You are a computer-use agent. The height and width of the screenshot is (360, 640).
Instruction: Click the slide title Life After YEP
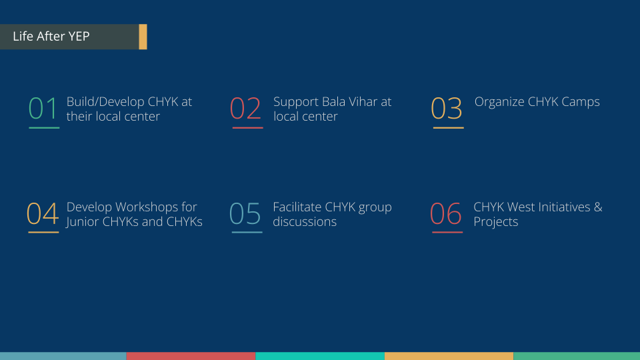tap(51, 36)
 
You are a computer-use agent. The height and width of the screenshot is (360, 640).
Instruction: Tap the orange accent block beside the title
tap(143, 37)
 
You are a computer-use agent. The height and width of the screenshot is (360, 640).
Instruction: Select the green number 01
tap(43, 109)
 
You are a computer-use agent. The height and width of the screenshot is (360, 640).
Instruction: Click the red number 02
tap(245, 109)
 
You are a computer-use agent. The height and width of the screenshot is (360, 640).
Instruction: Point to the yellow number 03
tap(447, 109)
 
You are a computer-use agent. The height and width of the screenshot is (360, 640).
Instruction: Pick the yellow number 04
tap(43, 213)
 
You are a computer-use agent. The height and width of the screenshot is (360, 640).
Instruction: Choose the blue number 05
tap(245, 213)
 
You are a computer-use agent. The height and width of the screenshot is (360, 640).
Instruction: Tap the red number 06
tap(446, 213)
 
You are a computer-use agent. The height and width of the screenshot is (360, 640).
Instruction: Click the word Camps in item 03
tap(581, 102)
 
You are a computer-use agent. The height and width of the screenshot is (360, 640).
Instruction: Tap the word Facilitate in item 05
tap(297, 207)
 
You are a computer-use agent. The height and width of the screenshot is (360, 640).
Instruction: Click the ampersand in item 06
tap(598, 207)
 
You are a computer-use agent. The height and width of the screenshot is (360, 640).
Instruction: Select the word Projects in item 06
tap(496, 222)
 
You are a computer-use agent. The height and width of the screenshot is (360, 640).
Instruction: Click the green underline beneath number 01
tap(44, 128)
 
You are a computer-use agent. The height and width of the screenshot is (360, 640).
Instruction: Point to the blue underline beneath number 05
tap(247, 232)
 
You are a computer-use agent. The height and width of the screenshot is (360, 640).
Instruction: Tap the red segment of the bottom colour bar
tap(191, 356)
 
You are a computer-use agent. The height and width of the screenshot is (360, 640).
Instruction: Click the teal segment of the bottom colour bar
tap(320, 356)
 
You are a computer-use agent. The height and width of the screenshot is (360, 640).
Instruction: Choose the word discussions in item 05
tap(305, 221)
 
